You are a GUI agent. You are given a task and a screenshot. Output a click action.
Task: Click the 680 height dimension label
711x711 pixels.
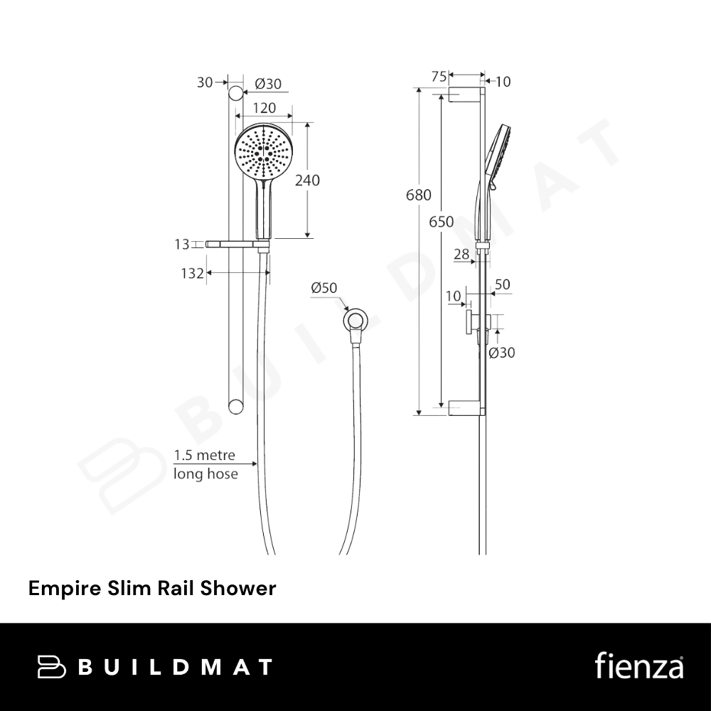coord(419,195)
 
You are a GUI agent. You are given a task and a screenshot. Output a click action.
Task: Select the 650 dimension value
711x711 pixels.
coord(442,222)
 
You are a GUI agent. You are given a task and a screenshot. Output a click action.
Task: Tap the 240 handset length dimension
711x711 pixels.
coord(307,181)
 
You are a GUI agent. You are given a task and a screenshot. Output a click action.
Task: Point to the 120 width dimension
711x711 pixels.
coord(264,108)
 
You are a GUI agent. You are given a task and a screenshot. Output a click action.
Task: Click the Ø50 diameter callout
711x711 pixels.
coord(324,288)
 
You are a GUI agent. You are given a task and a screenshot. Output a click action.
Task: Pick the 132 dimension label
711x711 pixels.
coord(192,274)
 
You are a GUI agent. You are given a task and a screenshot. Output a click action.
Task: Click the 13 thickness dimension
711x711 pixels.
coord(182,245)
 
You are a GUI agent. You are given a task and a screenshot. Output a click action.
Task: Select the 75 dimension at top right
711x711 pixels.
coord(439,77)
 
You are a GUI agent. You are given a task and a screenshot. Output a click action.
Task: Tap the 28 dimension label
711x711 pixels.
coord(461,254)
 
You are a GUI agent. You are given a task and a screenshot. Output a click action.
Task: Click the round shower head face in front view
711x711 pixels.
coord(264,151)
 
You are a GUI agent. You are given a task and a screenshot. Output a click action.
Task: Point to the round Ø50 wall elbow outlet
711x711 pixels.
coord(355,321)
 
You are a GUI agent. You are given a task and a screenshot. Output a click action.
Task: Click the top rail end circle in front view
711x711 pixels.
coord(235,93)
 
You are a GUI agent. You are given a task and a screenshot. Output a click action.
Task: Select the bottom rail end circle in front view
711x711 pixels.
coord(235,406)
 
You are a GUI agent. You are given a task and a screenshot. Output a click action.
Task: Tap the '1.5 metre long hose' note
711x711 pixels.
coord(205,464)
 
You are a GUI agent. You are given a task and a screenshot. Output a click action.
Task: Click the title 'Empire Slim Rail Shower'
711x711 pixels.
coord(152,589)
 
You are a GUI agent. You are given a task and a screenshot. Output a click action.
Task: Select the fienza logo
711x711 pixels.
coord(639,665)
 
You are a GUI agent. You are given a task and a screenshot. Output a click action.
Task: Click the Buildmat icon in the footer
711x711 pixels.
coord(52,667)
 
